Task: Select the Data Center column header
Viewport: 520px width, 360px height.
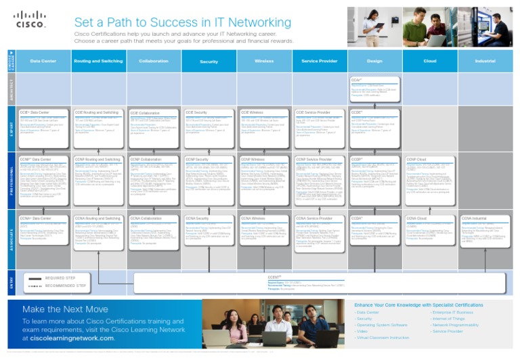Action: pos(43,61)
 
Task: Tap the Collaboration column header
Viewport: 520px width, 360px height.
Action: pos(154,61)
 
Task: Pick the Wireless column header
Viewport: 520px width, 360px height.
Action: pos(264,61)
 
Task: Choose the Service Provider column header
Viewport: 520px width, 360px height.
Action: pos(320,61)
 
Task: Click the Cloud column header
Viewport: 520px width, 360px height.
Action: pos(430,61)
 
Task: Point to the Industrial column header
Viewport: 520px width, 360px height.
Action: pos(485,61)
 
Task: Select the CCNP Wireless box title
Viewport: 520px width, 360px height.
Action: pos(254,160)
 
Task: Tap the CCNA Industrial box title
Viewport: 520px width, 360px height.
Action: pos(475,219)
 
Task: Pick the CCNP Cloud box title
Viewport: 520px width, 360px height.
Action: pos(420,160)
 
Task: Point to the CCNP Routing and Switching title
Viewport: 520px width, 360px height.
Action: pos(98,160)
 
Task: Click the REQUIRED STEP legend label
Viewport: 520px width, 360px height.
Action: pos(60,278)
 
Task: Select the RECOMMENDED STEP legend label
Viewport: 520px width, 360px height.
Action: pos(66,286)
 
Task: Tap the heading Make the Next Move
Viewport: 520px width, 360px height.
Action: pos(65,309)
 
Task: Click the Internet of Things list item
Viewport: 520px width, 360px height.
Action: pos(449,319)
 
